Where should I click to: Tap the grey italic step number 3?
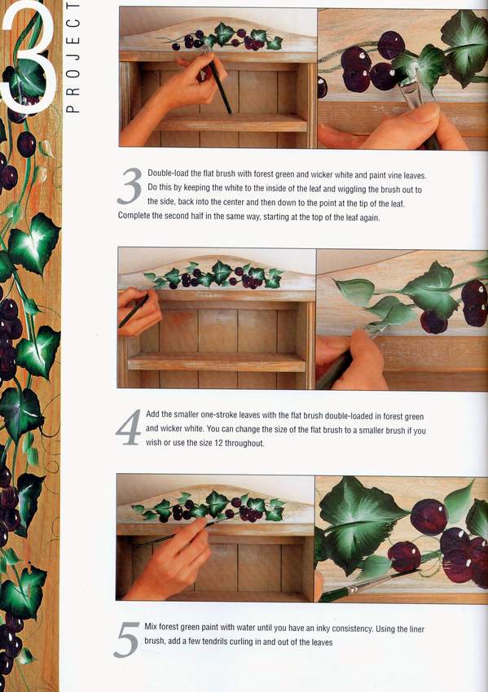130,186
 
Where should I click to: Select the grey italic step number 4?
129,427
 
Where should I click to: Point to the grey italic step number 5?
127,639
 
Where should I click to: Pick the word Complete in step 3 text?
134,217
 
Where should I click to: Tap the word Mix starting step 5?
151,627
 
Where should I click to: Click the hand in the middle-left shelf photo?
138,311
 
